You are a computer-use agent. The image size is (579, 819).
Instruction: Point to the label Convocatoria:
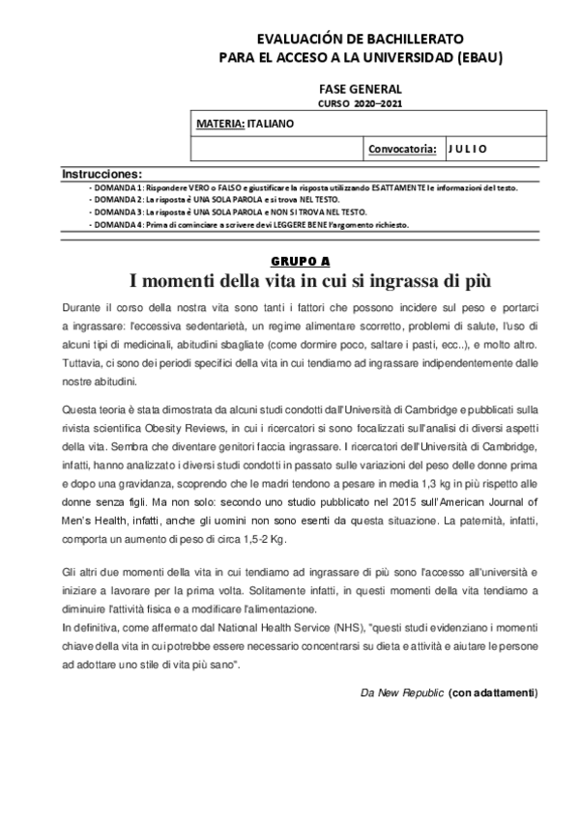click(x=402, y=148)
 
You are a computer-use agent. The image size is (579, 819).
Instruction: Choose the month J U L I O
click(x=468, y=148)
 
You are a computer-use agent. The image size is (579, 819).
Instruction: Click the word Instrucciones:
click(x=101, y=173)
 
